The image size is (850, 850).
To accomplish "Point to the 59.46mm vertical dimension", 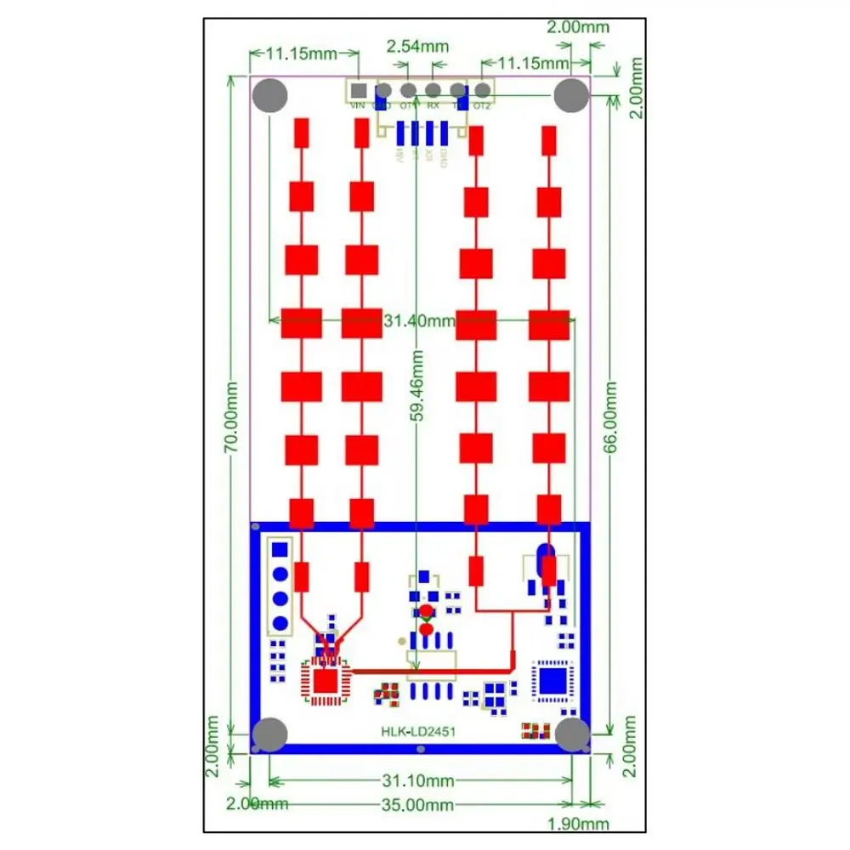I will [x=416, y=388].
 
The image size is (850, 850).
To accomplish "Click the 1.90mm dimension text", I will [x=580, y=823].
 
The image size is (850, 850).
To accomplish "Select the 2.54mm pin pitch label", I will [x=416, y=46].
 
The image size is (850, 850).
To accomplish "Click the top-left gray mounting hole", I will [x=271, y=95].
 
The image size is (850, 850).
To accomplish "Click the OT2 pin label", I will [x=482, y=106].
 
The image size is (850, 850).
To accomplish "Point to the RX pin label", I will [x=433, y=106].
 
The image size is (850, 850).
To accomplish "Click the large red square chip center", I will [x=323, y=681].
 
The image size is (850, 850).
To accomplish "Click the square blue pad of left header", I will [x=279, y=551].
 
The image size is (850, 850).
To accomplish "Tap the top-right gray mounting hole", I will [x=571, y=95].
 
